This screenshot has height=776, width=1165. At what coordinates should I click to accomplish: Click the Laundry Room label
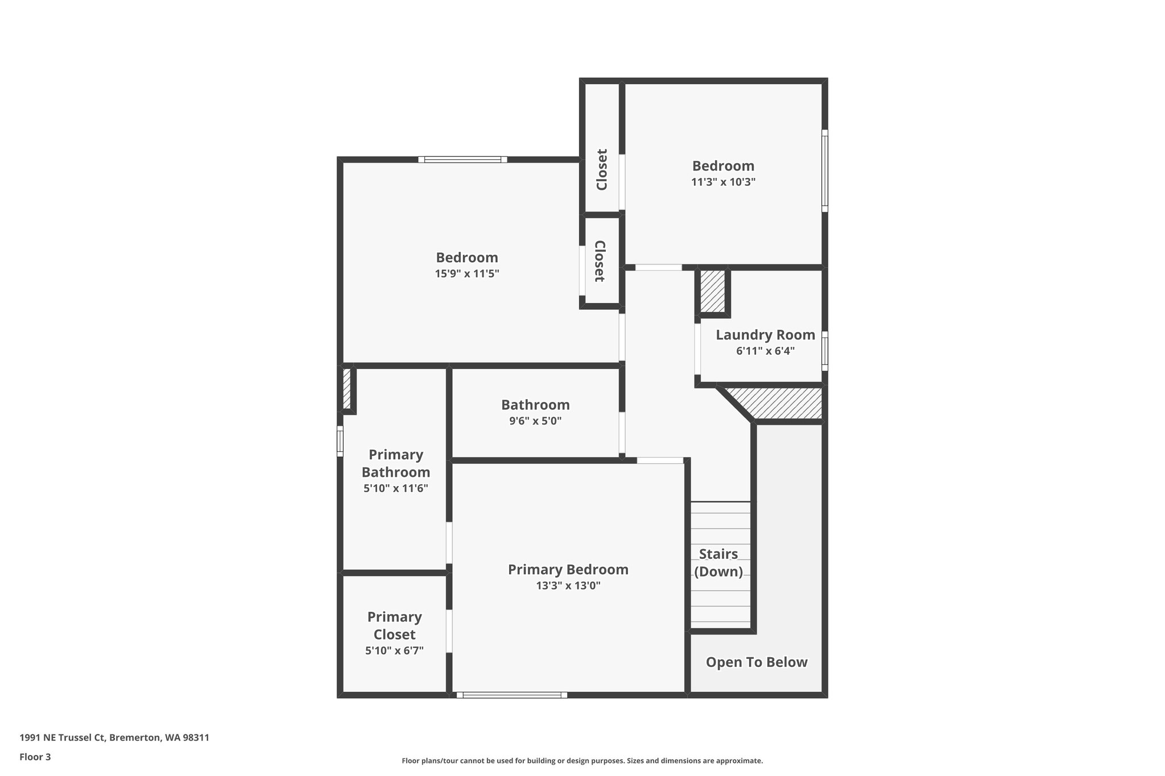pyautogui.click(x=765, y=335)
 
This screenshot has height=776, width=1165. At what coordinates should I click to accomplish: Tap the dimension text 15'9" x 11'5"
pyautogui.click(x=467, y=273)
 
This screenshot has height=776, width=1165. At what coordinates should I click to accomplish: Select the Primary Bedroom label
pyautogui.click(x=568, y=569)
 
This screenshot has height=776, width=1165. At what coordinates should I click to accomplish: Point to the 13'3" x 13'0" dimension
pyautogui.click(x=568, y=586)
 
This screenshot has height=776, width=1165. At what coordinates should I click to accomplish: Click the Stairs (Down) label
pyautogui.click(x=718, y=562)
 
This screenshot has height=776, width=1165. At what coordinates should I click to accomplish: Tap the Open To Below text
pyautogui.click(x=757, y=662)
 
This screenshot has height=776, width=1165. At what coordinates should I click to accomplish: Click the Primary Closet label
pyautogui.click(x=394, y=625)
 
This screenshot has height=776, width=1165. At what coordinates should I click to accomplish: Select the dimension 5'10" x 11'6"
pyautogui.click(x=395, y=488)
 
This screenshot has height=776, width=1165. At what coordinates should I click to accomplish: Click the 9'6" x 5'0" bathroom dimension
pyautogui.click(x=535, y=421)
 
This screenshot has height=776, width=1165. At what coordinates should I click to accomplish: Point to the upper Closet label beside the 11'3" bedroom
pyautogui.click(x=602, y=169)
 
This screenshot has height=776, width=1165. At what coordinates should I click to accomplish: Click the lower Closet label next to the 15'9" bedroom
pyautogui.click(x=600, y=261)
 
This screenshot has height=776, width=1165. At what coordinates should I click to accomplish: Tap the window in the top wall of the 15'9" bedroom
pyautogui.click(x=462, y=160)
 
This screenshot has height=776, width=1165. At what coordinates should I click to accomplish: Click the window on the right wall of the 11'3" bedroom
pyautogui.click(x=824, y=171)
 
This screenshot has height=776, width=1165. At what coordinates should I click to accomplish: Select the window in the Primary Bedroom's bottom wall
pyautogui.click(x=511, y=695)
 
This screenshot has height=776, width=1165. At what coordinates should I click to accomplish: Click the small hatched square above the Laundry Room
pyautogui.click(x=712, y=291)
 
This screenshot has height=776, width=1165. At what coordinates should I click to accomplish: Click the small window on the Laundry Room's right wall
pyautogui.click(x=824, y=351)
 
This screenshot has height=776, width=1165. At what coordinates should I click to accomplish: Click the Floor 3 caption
pyautogui.click(x=35, y=757)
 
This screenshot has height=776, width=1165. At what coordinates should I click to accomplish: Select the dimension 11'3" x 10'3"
pyautogui.click(x=723, y=182)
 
